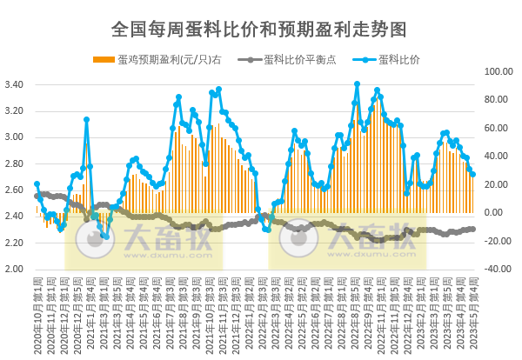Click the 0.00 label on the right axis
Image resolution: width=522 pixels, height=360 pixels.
492,213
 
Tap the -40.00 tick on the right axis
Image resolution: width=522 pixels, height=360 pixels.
495,269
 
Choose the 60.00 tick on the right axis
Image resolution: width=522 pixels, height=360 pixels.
495,128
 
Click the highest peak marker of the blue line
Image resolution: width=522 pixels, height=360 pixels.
357,84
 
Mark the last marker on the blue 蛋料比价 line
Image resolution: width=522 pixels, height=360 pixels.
472,174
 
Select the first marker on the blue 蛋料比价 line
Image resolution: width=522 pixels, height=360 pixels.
37,184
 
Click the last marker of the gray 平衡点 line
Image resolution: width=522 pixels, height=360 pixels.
472,229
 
